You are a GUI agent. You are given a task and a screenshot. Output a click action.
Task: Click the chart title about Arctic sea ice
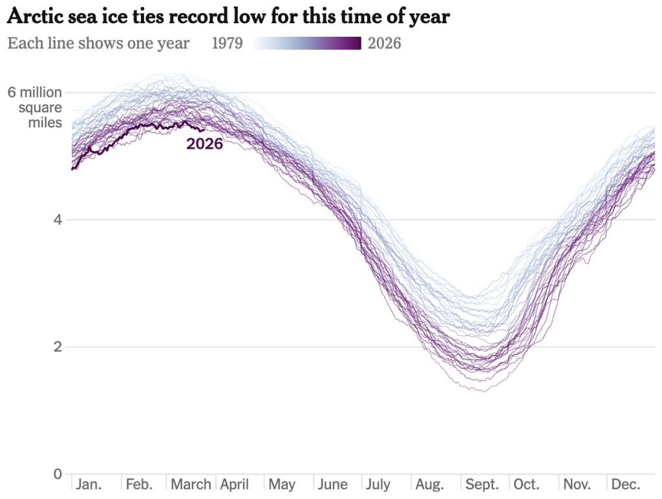point(228,17)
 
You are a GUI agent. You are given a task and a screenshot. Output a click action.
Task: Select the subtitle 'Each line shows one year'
point(98,43)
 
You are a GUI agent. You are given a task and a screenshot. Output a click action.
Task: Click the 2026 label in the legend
point(384,43)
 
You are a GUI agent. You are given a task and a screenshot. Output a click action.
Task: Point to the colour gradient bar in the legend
point(307,43)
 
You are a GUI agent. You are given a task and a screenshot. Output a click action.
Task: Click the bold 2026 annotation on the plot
point(204,144)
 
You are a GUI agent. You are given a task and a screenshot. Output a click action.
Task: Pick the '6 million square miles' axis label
point(35,107)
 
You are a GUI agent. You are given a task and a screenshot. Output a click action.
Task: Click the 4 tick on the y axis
point(58,220)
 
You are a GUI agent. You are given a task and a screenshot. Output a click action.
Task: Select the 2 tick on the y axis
point(58,346)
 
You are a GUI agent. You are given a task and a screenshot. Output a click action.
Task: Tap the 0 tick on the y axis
point(58,474)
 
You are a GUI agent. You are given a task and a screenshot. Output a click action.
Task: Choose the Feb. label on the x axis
point(139,485)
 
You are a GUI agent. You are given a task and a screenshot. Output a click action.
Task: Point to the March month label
point(191,485)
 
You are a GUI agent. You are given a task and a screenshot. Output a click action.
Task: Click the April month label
point(235,485)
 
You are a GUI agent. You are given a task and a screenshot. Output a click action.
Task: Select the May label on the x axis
point(282,485)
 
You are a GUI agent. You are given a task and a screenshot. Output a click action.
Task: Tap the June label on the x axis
point(334,485)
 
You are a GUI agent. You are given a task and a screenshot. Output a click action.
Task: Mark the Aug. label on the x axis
point(431,485)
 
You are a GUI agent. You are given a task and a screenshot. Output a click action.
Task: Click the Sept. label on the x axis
point(482,485)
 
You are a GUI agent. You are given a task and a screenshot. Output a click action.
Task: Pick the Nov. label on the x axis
point(577,485)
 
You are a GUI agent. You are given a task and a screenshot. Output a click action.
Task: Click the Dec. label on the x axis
point(626,485)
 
